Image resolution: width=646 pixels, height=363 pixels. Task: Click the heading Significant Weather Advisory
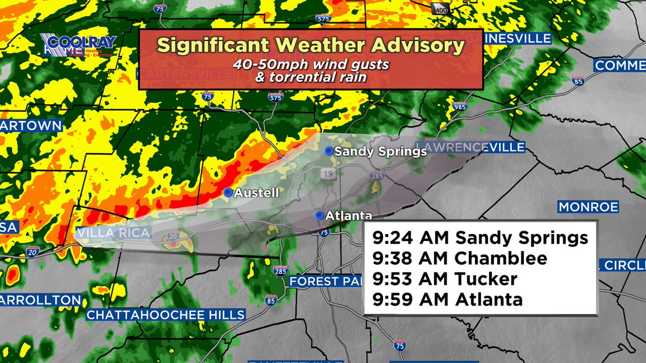pos(310,45)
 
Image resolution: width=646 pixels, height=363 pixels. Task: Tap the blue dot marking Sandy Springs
pos(328,152)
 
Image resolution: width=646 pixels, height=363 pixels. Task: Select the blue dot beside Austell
pos(228,192)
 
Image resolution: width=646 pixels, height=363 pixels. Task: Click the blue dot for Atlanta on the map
pos(319,216)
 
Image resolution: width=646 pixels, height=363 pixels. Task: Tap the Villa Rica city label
pos(111,233)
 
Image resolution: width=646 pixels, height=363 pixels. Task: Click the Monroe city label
pos(588,207)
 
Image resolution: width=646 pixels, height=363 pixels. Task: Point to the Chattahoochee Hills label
pos(166,315)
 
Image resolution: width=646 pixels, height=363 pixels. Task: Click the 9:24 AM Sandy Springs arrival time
pos(480,238)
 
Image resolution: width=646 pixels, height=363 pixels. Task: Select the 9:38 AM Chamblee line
pos(459,258)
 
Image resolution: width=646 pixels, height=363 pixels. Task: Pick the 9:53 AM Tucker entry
pos(444,279)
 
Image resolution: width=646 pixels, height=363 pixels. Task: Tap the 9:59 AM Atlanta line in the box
pos(447,299)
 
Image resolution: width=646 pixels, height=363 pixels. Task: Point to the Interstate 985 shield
pos(460,106)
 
